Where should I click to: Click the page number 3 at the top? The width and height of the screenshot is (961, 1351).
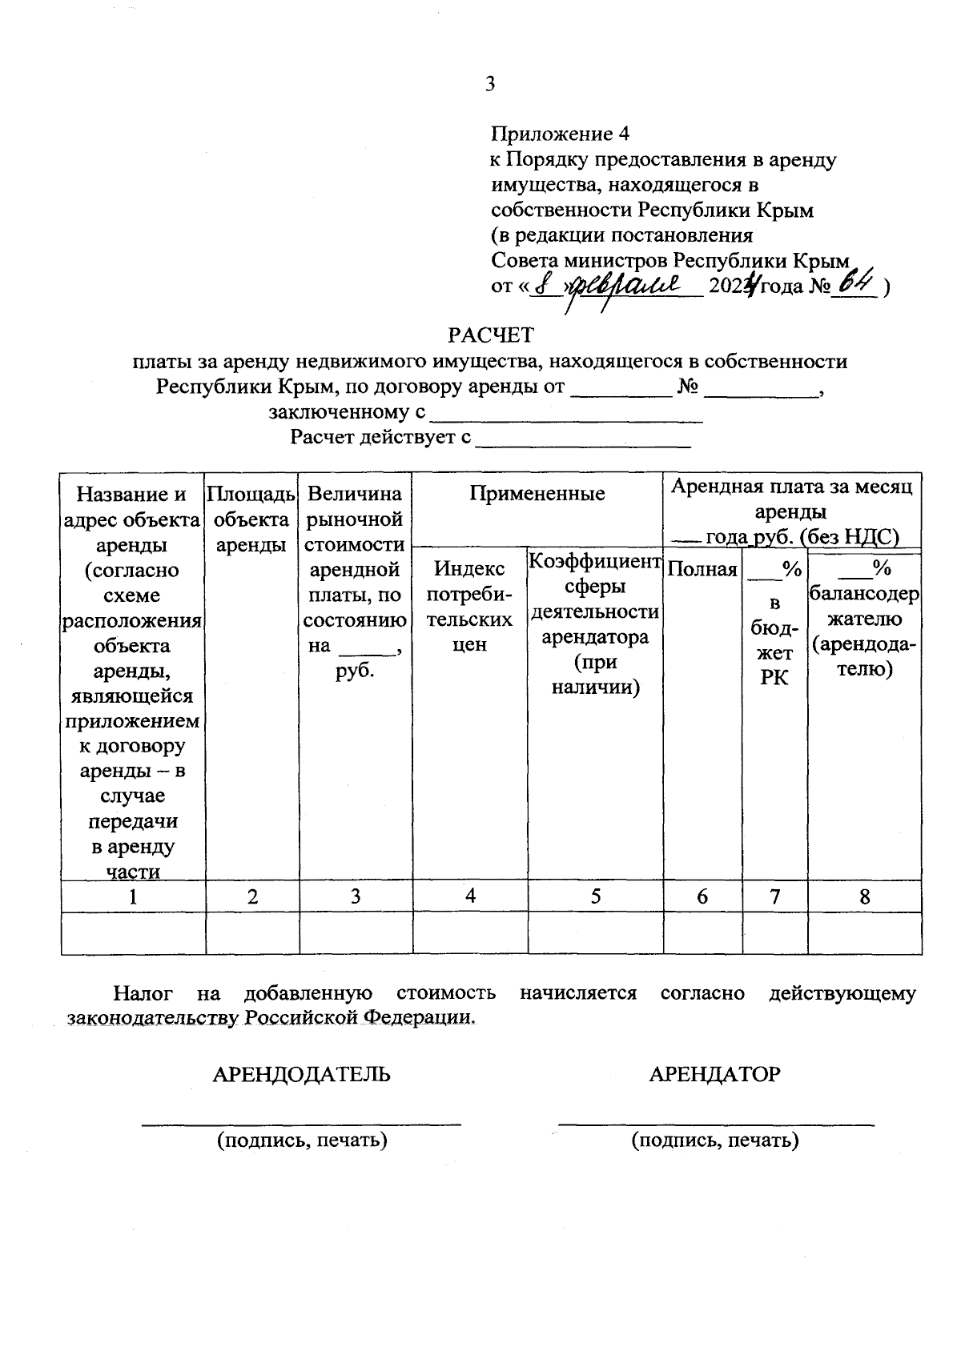490,84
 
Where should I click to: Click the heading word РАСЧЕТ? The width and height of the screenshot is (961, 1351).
490,334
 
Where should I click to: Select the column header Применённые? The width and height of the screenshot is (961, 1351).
537,494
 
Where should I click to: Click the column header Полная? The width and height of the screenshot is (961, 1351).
702,570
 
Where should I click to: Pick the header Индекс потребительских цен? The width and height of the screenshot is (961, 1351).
470,606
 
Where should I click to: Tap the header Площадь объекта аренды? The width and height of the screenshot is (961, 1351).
252,519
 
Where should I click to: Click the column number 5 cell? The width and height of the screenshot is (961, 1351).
596,896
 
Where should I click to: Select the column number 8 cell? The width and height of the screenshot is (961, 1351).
864,896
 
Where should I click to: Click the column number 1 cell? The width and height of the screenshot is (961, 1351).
133,896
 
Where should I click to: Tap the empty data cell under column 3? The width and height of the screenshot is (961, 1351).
356,933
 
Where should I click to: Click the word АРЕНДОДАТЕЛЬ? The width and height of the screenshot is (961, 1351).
301,1074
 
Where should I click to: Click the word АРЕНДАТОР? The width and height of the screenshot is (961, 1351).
714,1074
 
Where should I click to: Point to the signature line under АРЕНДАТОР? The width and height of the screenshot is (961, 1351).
716,1124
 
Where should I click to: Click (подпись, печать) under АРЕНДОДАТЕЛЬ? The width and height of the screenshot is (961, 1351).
302,1140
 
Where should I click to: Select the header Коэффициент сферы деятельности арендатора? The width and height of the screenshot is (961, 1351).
595,623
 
